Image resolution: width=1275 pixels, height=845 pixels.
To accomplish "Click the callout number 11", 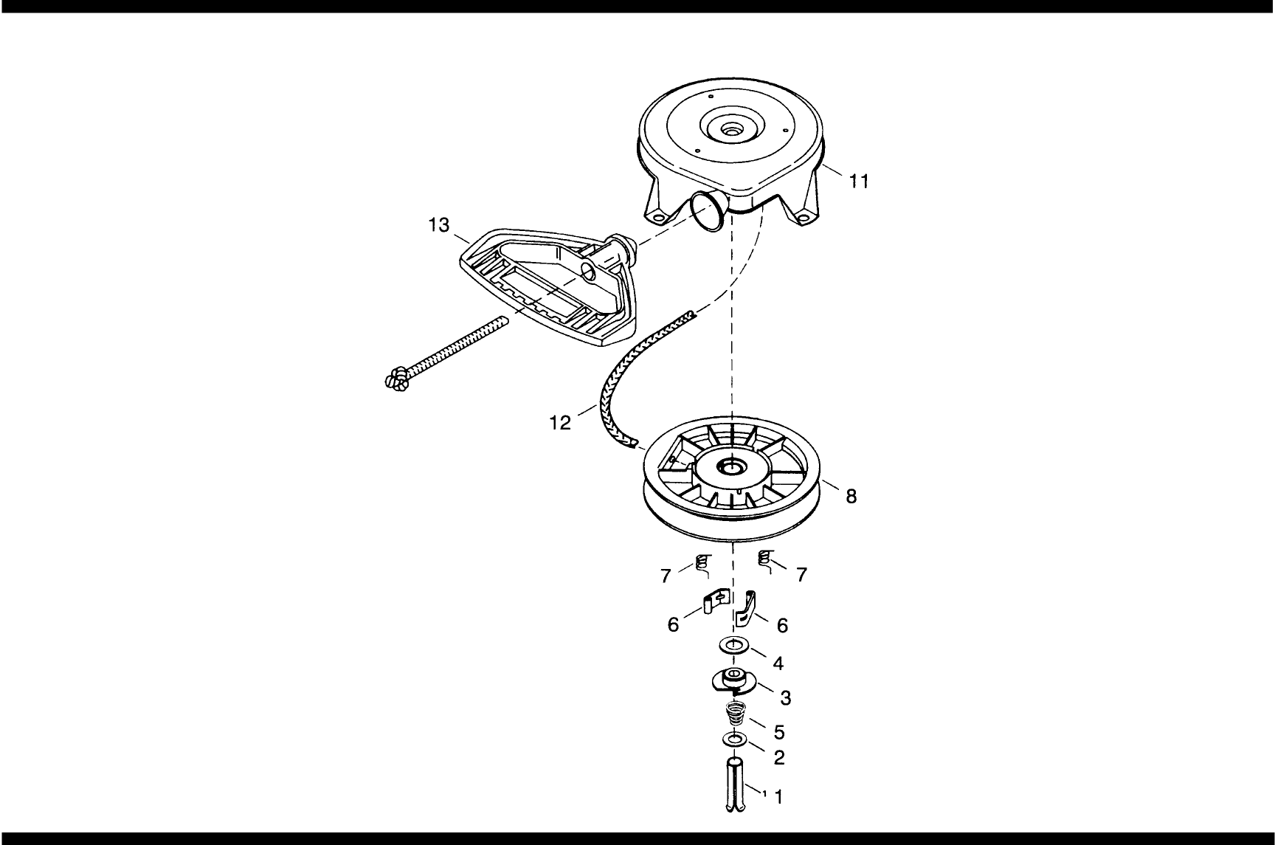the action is [x=858, y=181].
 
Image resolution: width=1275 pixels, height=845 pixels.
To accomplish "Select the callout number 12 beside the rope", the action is [x=560, y=423].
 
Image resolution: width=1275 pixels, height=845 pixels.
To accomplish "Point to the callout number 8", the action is [x=851, y=497].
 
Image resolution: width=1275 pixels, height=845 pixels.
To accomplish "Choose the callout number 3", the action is [x=786, y=697].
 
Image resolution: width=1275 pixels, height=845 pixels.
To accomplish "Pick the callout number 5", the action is [x=778, y=732].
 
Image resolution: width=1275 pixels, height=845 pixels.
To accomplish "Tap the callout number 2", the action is [x=779, y=758].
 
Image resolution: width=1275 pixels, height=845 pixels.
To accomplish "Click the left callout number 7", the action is [x=666, y=576].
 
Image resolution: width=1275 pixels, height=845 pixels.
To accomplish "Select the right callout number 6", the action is [x=782, y=626].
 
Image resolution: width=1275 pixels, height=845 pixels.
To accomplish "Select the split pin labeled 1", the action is [x=736, y=786].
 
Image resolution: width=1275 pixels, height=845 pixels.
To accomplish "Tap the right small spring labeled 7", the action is [x=765, y=561].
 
